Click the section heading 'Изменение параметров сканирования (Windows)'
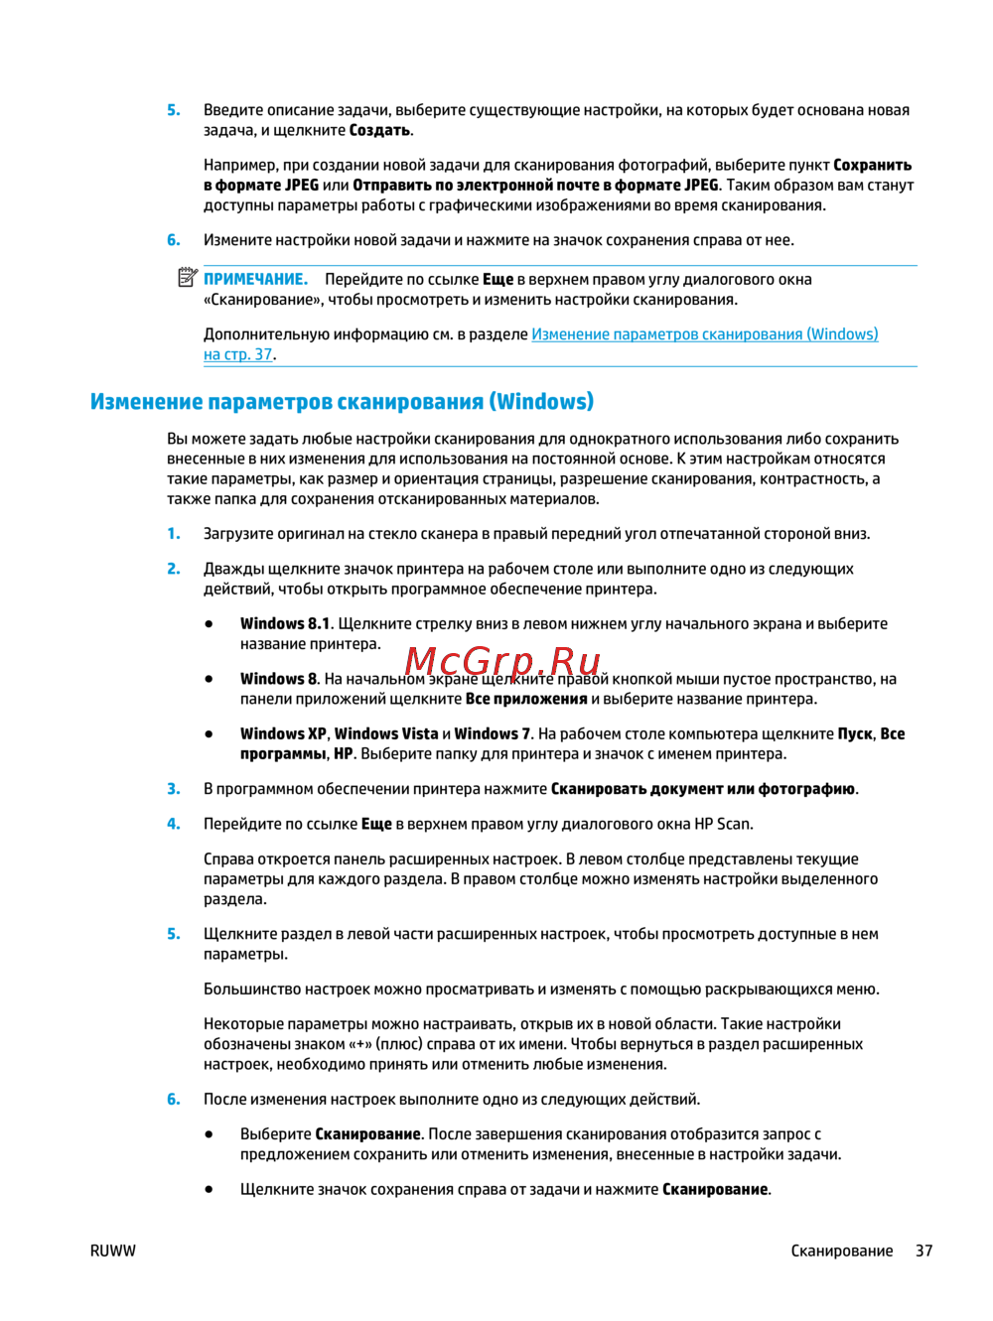click(342, 402)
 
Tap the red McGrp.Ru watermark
click(502, 661)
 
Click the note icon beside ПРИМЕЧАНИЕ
click(187, 278)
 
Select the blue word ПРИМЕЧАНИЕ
click(255, 280)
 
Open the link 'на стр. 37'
click(238, 354)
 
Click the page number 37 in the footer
click(923, 1251)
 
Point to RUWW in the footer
click(112, 1251)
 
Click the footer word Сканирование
click(841, 1251)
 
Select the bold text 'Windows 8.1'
click(285, 624)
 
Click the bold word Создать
click(379, 131)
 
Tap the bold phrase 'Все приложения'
click(526, 700)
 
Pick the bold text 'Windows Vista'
click(386, 734)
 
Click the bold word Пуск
click(854, 734)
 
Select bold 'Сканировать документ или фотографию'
click(703, 789)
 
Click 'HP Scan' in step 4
click(723, 824)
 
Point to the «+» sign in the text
click(360, 1044)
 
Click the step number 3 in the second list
click(173, 789)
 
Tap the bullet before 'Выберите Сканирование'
click(210, 1134)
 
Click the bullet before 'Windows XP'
click(210, 734)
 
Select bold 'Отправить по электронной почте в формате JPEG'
click(535, 186)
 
